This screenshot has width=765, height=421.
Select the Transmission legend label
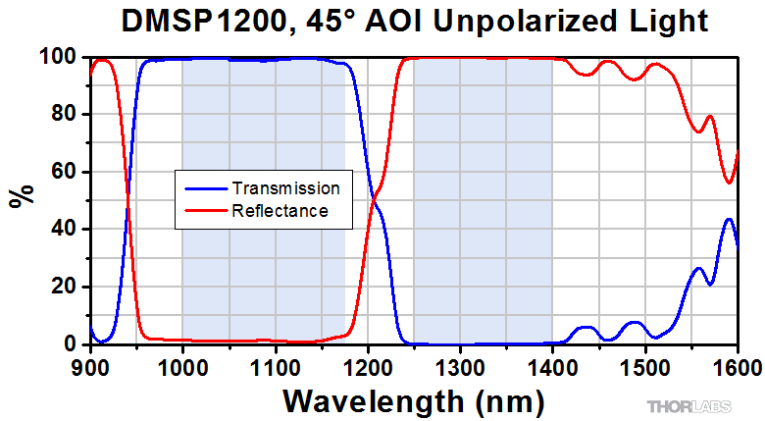click(285, 187)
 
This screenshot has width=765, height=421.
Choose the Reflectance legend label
click(280, 210)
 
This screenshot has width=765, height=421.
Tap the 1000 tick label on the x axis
click(182, 367)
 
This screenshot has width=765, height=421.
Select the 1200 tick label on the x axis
click(368, 367)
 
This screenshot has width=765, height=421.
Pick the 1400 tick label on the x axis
click(552, 367)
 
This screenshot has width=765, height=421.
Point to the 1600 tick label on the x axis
click(736, 367)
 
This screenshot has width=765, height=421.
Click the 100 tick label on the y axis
click(60, 58)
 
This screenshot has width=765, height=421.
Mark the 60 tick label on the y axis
click(65, 172)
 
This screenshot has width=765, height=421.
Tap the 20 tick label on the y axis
click(65, 287)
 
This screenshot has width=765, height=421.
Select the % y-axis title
click(21, 195)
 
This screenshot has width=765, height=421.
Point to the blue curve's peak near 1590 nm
click(729, 219)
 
